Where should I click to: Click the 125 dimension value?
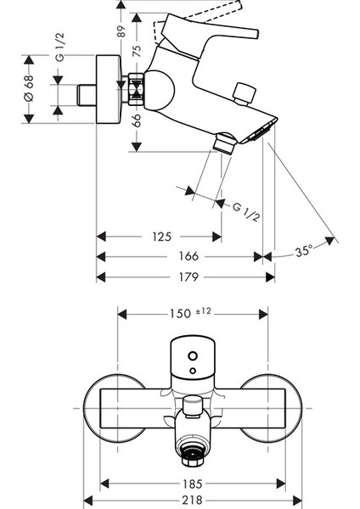tap(161, 237)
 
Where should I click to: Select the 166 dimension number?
tap(188, 256)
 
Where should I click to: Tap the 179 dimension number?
tap(188, 277)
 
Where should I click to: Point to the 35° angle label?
tap(304, 251)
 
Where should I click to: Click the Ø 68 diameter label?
tap(29, 88)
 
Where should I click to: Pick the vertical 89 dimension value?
tap(121, 31)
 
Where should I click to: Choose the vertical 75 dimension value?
tap(138, 51)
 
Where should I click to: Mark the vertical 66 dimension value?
tap(138, 120)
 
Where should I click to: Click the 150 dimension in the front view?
tap(180, 314)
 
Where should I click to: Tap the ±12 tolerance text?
tap(203, 311)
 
